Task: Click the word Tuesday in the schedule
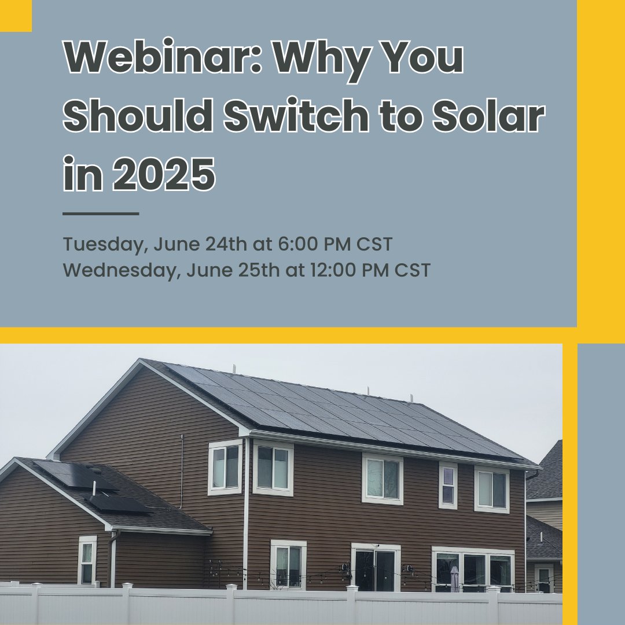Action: pyautogui.click(x=102, y=245)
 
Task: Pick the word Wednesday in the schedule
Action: pyautogui.click(x=117, y=270)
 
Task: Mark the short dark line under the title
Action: pyautogui.click(x=101, y=214)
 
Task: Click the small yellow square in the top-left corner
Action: pyautogui.click(x=15, y=15)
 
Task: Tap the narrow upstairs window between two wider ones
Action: pyautogui.click(x=448, y=486)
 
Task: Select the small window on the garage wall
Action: pyautogui.click(x=87, y=560)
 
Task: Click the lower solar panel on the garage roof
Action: pyautogui.click(x=119, y=503)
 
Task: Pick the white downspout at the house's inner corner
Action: pyautogui.click(x=246, y=509)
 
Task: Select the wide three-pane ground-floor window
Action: pyautogui.click(x=473, y=569)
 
